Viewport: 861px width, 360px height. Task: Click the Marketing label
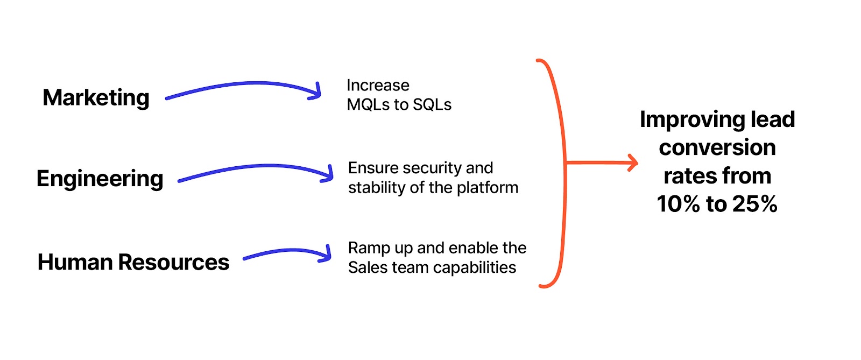(96, 98)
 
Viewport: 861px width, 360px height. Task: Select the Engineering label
(100, 179)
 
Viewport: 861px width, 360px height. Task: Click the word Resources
(174, 263)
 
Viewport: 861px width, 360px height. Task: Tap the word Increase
(378, 86)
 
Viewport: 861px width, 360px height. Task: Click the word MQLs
(368, 105)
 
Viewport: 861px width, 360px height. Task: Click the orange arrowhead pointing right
(633, 162)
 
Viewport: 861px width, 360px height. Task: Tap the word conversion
(717, 148)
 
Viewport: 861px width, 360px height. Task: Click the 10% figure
(678, 204)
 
